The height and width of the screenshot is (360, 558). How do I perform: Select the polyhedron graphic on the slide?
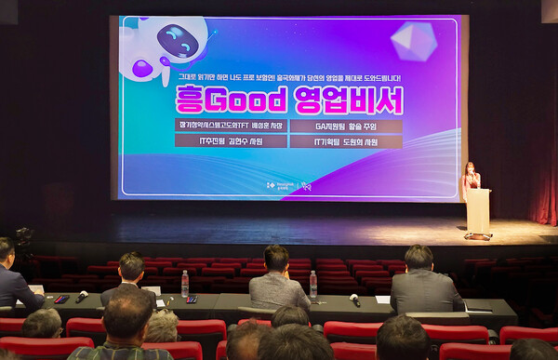413,41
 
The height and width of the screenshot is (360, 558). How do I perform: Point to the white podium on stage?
478,212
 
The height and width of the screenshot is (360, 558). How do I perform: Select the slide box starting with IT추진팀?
231,141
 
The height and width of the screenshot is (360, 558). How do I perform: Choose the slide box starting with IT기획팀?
346,141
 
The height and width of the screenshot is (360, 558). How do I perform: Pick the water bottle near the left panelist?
185,284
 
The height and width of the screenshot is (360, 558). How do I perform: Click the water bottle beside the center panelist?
313,284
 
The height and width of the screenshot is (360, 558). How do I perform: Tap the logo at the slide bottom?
288,185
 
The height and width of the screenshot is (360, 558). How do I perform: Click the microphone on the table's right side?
354,300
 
